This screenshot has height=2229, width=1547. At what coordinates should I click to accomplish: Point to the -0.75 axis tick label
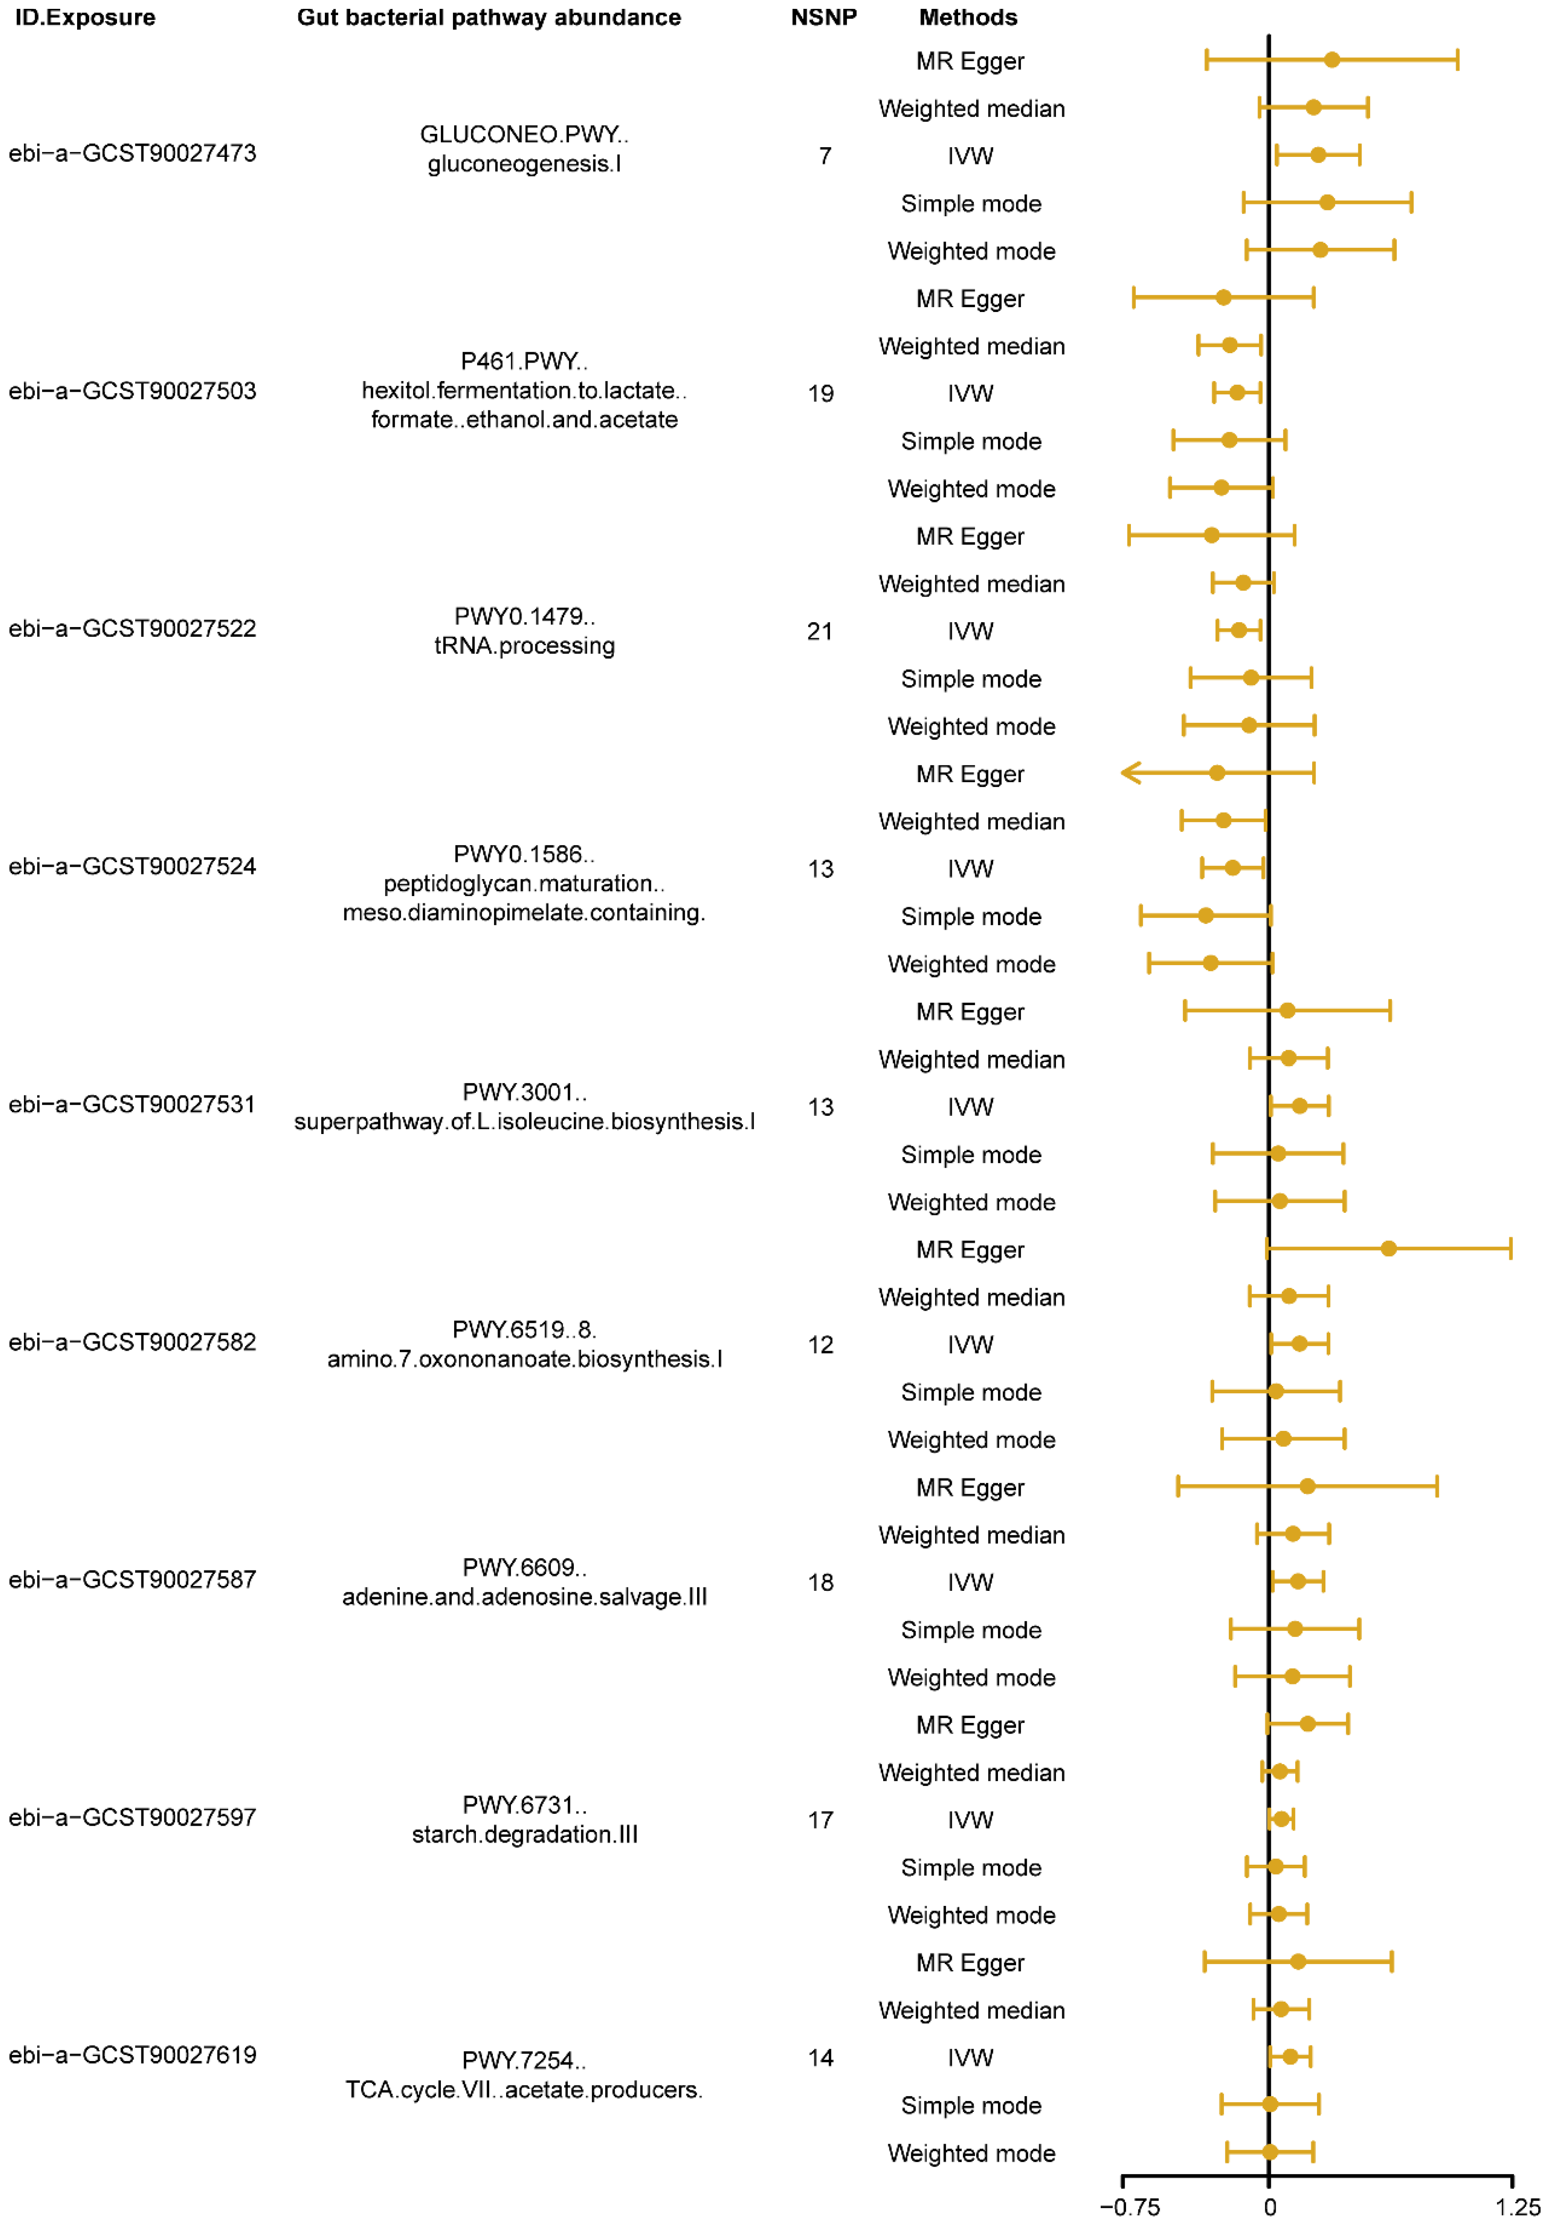pos(1129,2207)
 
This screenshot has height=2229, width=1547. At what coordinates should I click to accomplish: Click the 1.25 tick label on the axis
pos(1517,2207)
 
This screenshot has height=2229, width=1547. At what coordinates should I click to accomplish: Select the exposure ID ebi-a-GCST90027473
pos(133,153)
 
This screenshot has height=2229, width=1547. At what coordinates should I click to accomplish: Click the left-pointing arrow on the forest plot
pos(1130,772)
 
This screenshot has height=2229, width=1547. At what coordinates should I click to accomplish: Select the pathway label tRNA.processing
pos(524,646)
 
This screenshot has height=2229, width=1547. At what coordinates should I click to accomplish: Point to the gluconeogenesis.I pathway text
pos(524,164)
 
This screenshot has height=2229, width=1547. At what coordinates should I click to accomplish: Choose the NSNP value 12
pos(820,1344)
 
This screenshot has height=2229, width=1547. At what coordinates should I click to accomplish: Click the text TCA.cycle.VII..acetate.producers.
pos(524,2089)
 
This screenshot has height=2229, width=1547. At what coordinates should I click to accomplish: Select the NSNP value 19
pos(820,394)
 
